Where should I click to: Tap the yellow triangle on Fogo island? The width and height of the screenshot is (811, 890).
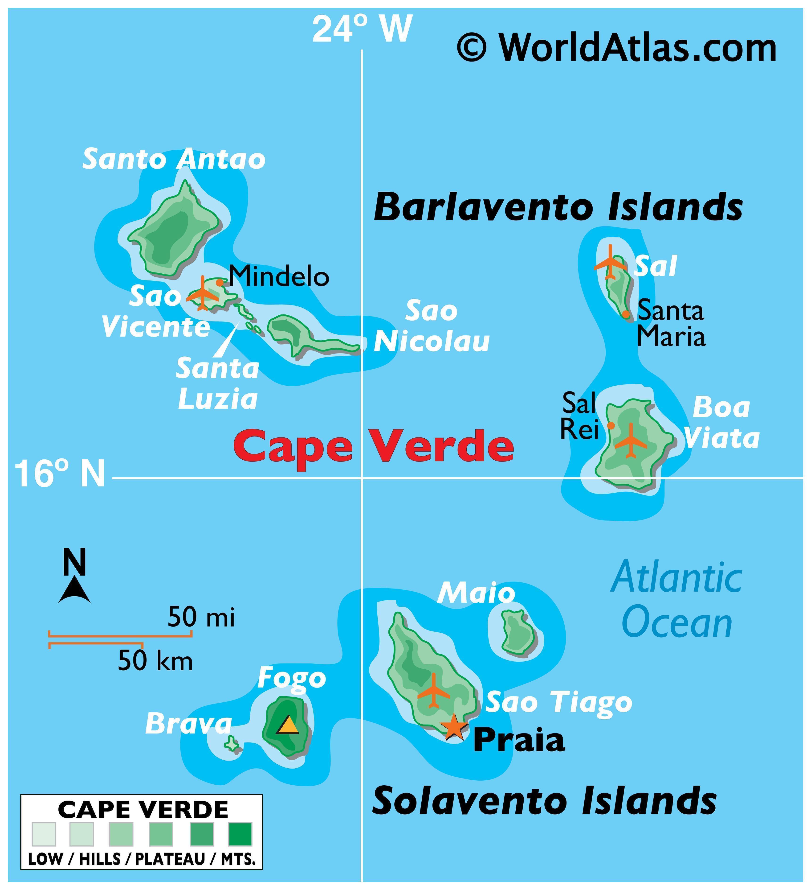[287, 725]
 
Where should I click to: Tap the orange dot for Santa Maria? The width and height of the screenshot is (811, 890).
[625, 314]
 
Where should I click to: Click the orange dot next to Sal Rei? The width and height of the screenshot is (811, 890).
[611, 425]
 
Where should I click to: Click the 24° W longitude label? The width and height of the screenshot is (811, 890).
[362, 29]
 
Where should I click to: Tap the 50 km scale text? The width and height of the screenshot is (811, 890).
[155, 661]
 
